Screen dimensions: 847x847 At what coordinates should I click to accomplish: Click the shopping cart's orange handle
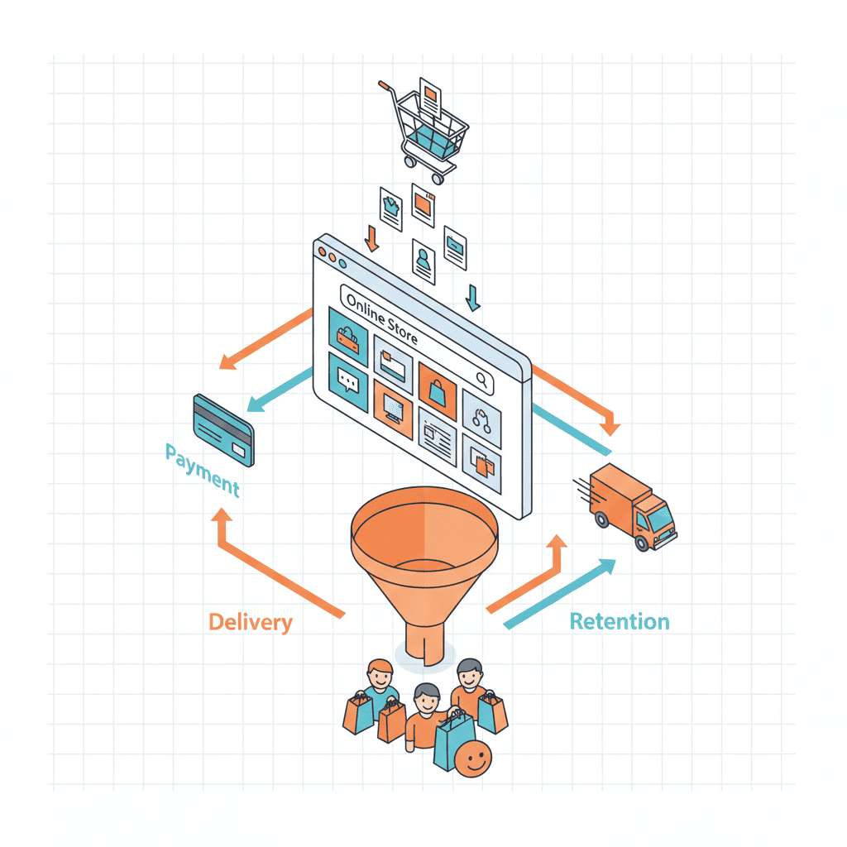[x=386, y=85]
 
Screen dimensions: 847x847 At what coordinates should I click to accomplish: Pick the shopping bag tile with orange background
[x=437, y=387]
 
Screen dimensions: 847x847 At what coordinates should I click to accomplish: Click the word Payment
[x=203, y=469]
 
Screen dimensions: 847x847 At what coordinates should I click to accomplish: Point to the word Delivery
[x=251, y=621]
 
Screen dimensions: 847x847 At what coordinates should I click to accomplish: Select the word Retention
[x=620, y=621]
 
